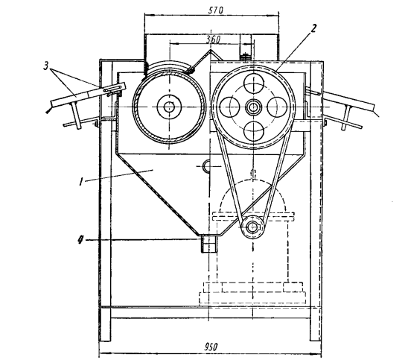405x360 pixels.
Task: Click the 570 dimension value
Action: pyautogui.click(x=215, y=10)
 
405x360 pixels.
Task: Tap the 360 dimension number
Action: pyautogui.click(x=213, y=40)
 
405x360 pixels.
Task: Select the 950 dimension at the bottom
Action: pyautogui.click(x=211, y=347)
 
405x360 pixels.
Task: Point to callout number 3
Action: pyautogui.click(x=45, y=66)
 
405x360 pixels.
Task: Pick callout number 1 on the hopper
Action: pyautogui.click(x=81, y=182)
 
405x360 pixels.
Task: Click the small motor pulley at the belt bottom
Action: pyautogui.click(x=252, y=227)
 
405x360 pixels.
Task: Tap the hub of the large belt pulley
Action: pyautogui.click(x=253, y=107)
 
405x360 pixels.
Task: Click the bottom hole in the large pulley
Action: pyautogui.click(x=254, y=130)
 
